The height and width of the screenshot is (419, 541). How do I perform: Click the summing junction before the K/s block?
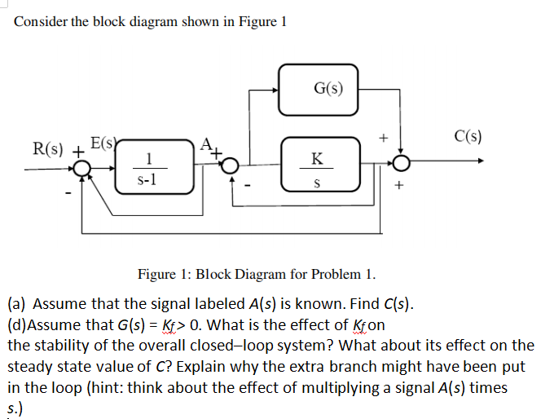(231, 166)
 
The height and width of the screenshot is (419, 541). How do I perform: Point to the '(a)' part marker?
(17, 305)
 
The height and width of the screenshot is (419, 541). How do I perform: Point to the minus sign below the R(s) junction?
(68, 192)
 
